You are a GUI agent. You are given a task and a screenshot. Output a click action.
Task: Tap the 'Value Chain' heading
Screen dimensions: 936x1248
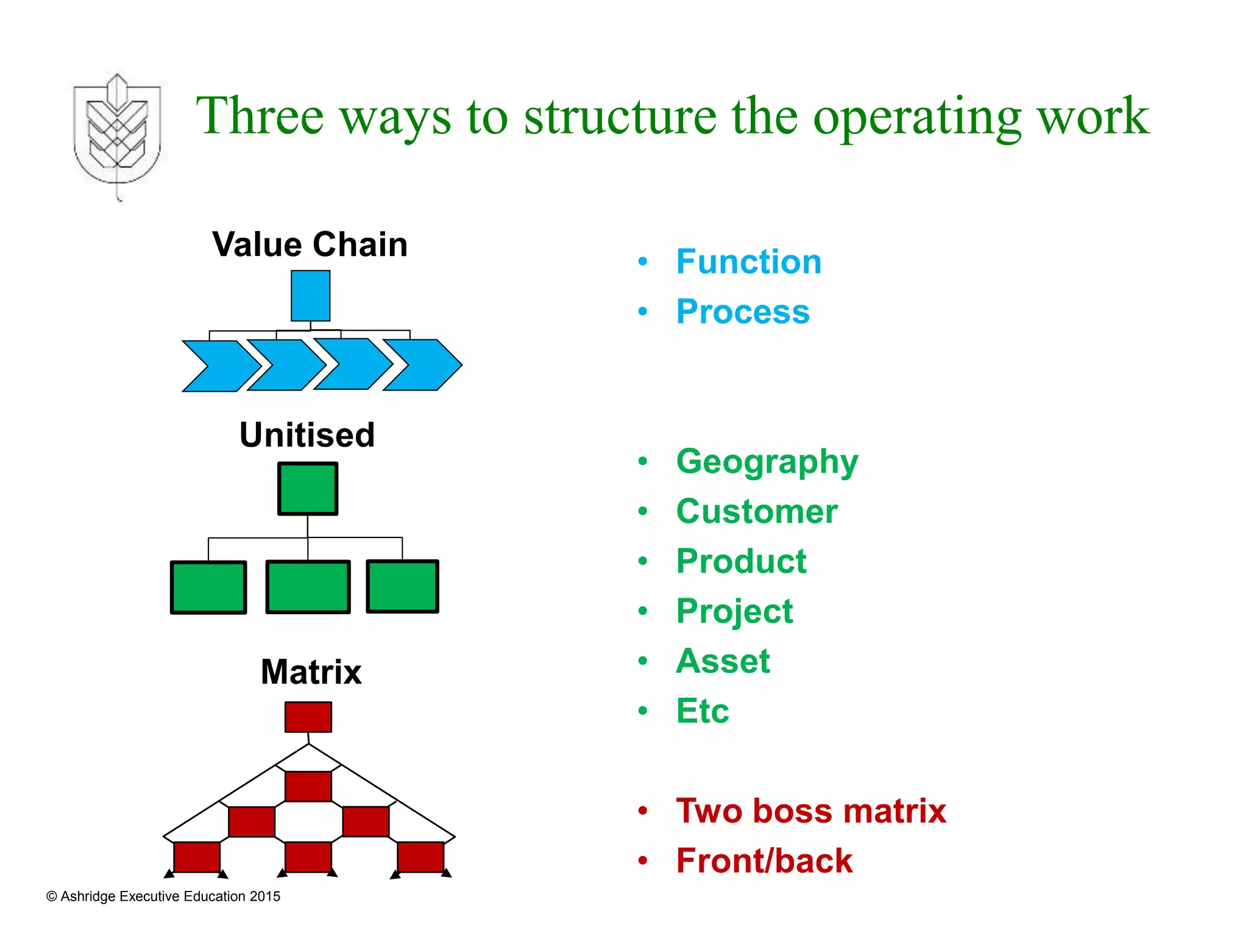[310, 245]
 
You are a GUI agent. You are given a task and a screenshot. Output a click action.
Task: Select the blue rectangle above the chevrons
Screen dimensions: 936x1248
[310, 296]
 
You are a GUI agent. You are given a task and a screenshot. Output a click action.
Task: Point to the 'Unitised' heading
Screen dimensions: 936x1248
[307, 435]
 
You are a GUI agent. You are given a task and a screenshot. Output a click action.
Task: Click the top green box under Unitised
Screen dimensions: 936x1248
[308, 489]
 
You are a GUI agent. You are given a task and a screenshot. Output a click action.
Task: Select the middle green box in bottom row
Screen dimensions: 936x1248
[308, 587]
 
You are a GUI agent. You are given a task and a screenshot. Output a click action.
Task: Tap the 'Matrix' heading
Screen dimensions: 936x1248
[311, 672]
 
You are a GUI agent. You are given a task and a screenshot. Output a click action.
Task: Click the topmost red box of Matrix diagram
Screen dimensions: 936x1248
[308, 717]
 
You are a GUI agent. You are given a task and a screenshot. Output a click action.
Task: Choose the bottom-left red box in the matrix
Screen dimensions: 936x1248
[197, 857]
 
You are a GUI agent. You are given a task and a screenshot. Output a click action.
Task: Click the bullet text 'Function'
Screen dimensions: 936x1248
[748, 262]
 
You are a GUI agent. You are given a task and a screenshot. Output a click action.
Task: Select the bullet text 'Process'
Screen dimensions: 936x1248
[742, 312]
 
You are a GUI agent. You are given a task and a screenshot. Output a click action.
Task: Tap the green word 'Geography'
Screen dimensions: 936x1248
[767, 462]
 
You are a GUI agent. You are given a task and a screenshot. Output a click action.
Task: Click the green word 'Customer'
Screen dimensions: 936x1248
[756, 511]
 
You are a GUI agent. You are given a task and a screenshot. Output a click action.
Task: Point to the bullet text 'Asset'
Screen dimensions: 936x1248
[723, 661]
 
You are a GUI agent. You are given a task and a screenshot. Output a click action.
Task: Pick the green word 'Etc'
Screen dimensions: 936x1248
[702, 711]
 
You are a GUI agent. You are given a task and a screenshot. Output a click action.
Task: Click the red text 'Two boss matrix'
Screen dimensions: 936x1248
[810, 811]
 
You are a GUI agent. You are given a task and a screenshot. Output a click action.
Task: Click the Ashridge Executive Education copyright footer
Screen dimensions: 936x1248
[163, 896]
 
